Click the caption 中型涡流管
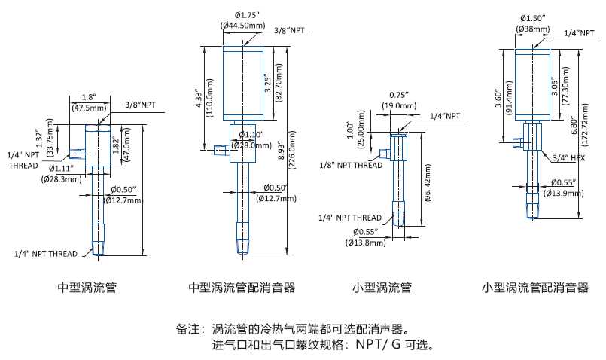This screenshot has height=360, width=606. pyautogui.click(x=87, y=288)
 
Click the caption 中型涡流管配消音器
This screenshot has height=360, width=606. pyautogui.click(x=241, y=288)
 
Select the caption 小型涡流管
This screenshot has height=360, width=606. pyautogui.click(x=382, y=288)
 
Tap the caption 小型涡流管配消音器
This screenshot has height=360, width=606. pyautogui.click(x=535, y=288)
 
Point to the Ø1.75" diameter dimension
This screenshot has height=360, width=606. pyautogui.click(x=246, y=14)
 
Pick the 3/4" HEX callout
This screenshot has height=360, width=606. pyautogui.click(x=569, y=157)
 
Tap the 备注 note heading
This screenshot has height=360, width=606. pyautogui.click(x=190, y=330)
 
